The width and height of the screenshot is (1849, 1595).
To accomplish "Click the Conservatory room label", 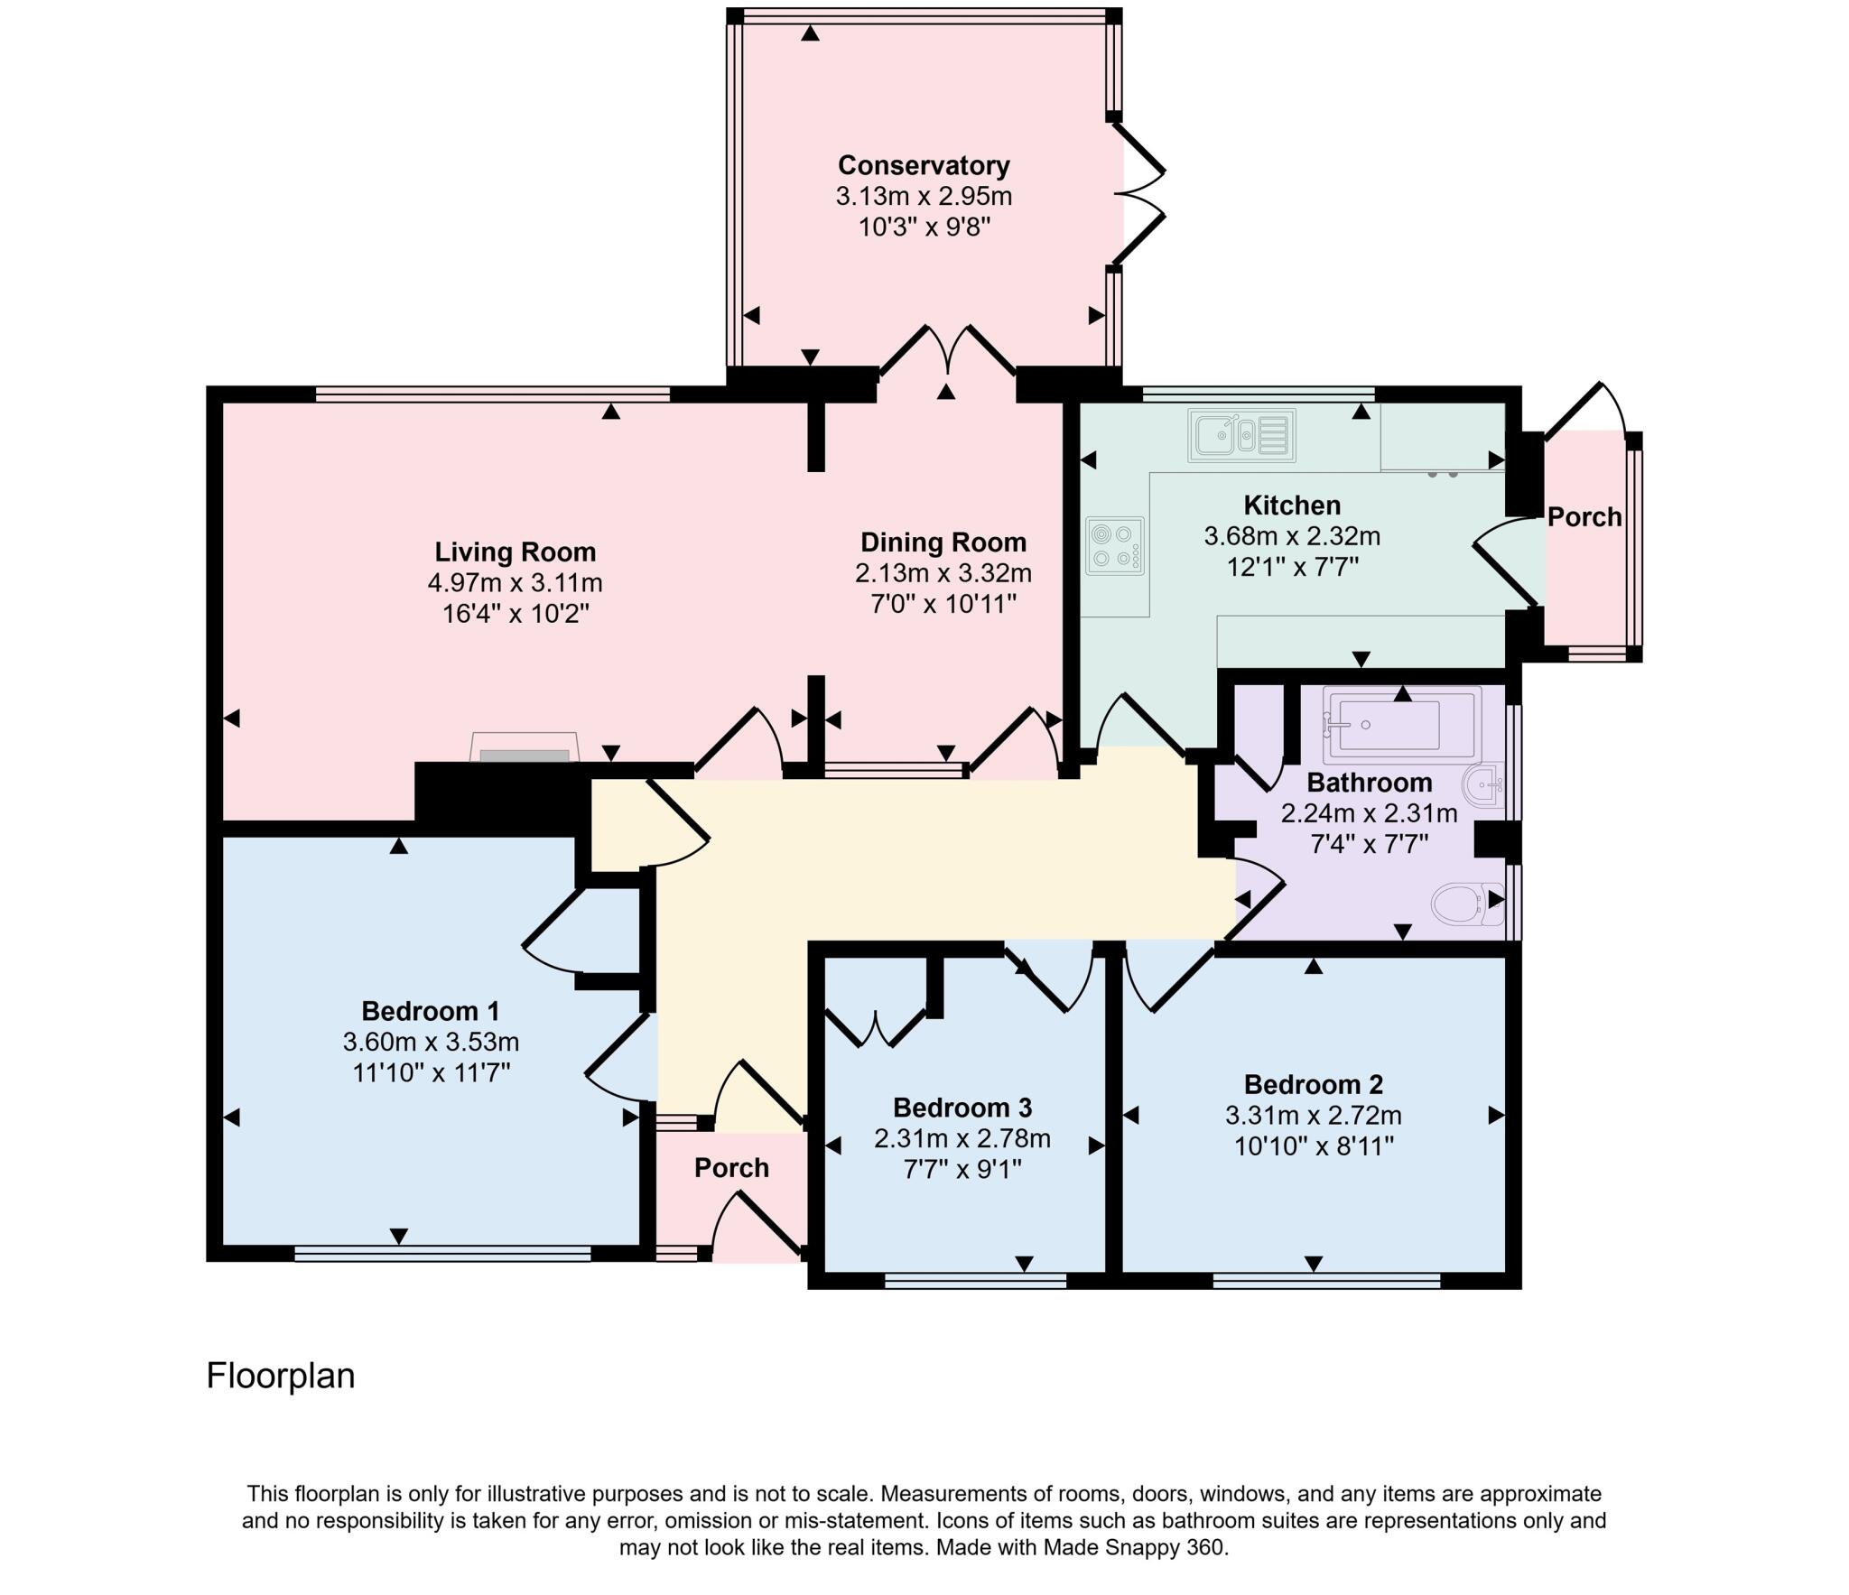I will click(923, 165).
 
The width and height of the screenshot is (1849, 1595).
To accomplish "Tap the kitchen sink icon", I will click(1241, 435).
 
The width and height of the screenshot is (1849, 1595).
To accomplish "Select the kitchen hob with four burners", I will click(1115, 545).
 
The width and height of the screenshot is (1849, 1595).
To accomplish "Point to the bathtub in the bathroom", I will click(1401, 724).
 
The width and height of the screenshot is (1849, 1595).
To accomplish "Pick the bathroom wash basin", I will click(1485, 785).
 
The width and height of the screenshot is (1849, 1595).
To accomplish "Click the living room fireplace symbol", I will click(525, 748).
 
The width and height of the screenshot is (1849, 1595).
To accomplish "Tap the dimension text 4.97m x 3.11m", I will click(515, 583).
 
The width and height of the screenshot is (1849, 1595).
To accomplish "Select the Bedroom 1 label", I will click(430, 1011).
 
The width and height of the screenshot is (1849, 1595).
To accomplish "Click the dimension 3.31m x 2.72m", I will click(1313, 1116).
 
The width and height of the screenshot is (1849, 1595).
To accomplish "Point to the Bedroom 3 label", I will click(962, 1108).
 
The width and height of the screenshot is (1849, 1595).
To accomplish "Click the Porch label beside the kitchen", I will click(1584, 517).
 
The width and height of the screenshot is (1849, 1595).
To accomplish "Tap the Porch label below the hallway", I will click(731, 1168).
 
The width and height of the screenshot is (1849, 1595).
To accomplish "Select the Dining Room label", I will click(943, 542).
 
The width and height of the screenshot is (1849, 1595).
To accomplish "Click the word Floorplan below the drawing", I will click(281, 1376).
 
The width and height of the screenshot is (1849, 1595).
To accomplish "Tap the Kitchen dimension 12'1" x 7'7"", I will click(1292, 568).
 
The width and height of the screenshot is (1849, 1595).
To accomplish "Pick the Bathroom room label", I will click(1369, 783).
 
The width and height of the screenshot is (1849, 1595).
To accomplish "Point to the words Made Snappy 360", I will click(1136, 1547).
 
